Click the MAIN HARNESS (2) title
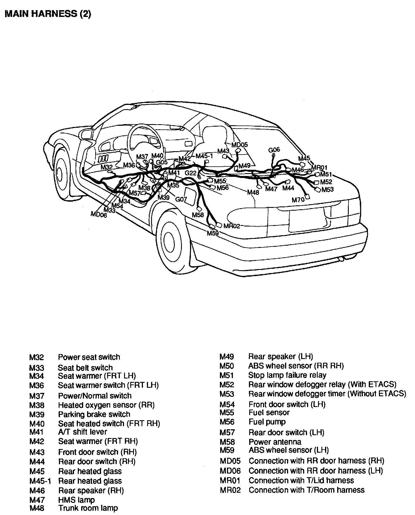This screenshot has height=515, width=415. point(48,14)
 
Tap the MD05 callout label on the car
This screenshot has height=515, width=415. point(239,145)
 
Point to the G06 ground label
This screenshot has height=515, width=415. point(274,149)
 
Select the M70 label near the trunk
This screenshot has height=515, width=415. point(298,200)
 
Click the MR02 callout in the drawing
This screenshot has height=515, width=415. point(231,226)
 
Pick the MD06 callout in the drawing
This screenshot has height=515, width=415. point(99,214)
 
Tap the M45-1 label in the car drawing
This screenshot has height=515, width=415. point(204,156)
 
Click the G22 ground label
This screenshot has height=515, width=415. point(190,173)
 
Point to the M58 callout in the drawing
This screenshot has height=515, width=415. point(198,215)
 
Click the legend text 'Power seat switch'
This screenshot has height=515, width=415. point(89,357)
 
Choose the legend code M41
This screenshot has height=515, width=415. point(37,432)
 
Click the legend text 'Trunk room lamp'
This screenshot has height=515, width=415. point(88,508)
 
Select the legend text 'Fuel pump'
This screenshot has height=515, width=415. point(267,422)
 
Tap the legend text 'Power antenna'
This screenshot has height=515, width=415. point(275,442)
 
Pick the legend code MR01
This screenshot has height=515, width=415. point(230,480)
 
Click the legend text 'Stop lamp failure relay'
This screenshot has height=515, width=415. point(287,375)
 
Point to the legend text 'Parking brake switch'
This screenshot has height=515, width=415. point(94,414)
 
